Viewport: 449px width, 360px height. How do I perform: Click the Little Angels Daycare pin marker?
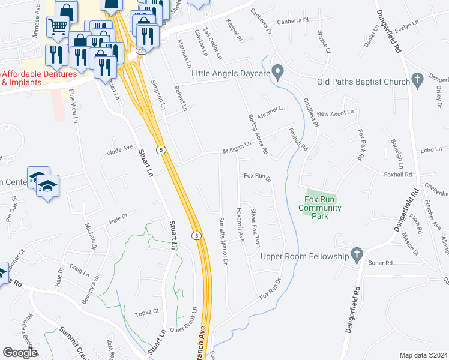coord(277,72)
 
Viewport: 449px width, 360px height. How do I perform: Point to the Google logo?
coord(20,353)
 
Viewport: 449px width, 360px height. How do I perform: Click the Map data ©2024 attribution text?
coord(423,355)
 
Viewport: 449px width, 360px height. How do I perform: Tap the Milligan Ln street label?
coord(237,148)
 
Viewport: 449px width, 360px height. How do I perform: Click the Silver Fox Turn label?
coord(256,228)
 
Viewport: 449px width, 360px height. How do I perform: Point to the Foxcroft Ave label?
coord(240,224)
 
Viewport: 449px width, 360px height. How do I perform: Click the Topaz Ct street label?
coord(147,312)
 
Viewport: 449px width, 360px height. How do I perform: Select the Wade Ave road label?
coord(119,149)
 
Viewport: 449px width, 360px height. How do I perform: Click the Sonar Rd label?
coord(381,263)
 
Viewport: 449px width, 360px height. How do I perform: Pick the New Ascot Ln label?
coord(336,113)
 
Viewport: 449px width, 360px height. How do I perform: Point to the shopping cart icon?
coord(58,26)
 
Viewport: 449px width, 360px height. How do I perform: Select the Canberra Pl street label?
coord(297,20)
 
